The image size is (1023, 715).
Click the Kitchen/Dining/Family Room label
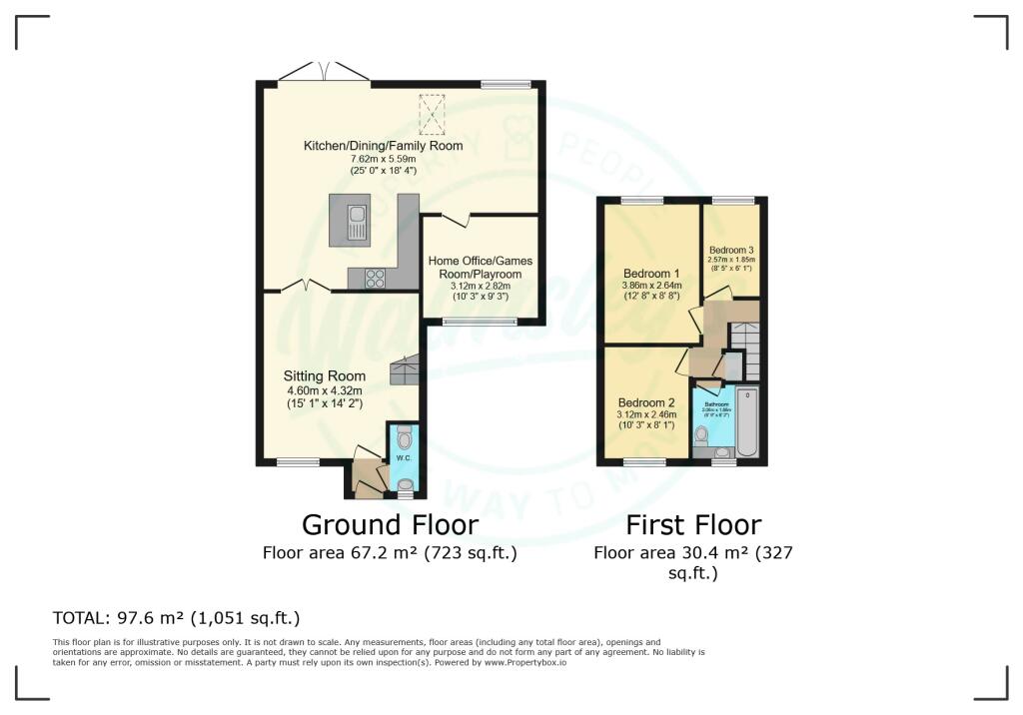[384, 146]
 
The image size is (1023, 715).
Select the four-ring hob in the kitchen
[377, 279]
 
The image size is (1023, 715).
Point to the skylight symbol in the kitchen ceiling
[433, 113]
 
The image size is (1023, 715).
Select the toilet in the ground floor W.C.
[403, 437]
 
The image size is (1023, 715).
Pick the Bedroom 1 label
[651, 274]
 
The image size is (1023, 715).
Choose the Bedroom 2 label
[646, 402]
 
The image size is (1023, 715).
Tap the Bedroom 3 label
[731, 250]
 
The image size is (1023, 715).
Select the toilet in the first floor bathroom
[701, 433]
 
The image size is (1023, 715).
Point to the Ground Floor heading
[390, 524]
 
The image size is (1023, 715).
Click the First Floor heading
[693, 524]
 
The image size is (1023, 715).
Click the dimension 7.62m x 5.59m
[384, 159]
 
